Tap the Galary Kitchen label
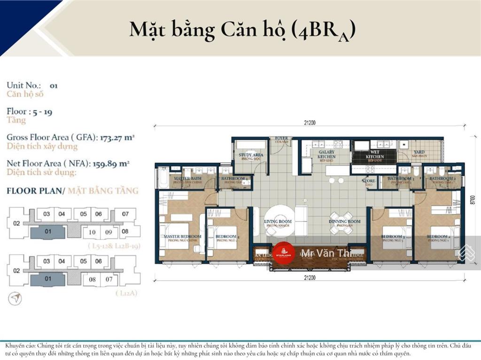[x=326, y=154]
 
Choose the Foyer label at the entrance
[x=282, y=139]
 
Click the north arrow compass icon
[x=15, y=298]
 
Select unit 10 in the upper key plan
[x=92, y=232]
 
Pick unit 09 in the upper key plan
[x=109, y=232]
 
